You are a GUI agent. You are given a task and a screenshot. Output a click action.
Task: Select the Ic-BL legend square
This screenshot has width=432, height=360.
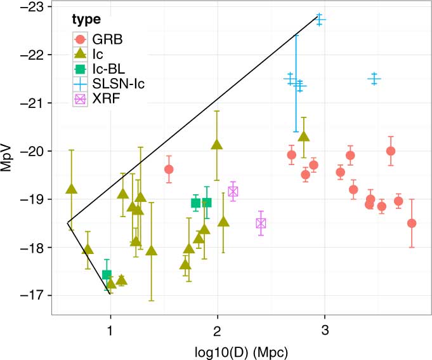click(x=80, y=69)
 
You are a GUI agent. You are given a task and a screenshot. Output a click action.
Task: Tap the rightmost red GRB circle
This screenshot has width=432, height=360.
click(x=412, y=223)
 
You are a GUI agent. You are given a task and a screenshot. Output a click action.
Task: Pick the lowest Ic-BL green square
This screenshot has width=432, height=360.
click(x=107, y=274)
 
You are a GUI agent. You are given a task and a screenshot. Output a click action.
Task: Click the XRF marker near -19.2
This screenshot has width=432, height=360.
click(x=233, y=191)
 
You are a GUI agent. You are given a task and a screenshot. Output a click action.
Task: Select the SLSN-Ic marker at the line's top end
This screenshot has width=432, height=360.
click(x=320, y=19)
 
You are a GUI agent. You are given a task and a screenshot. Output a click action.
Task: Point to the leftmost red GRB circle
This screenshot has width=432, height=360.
click(x=169, y=170)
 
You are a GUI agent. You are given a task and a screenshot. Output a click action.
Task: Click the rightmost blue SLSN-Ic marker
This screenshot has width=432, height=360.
click(x=374, y=78)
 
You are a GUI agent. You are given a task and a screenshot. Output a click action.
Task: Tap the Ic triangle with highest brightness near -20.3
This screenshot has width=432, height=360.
click(x=304, y=137)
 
